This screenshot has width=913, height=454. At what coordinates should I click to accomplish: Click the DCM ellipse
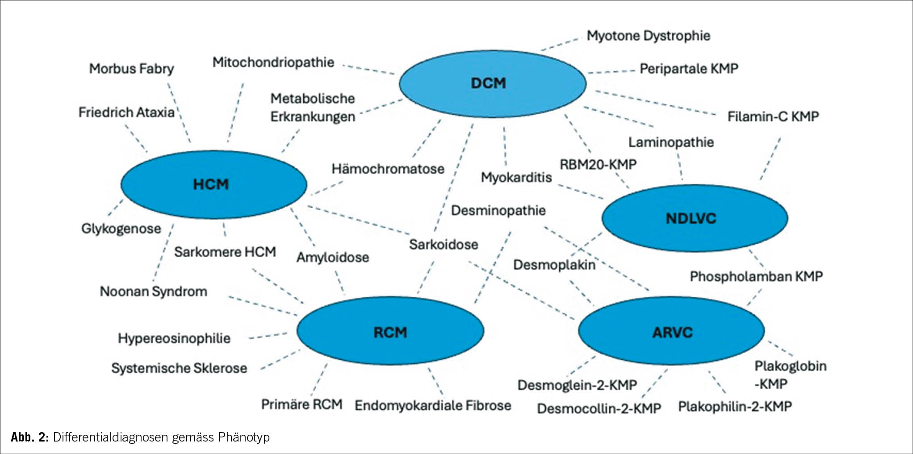pos(492,83)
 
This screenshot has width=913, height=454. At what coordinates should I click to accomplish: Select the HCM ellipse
pos(214,184)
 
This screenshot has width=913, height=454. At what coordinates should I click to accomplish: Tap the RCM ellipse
pos(390,332)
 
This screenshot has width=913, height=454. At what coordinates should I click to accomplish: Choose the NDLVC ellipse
pos(695,218)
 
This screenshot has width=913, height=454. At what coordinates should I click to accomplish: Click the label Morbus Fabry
pos(131,69)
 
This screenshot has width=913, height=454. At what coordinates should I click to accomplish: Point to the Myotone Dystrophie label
pos(648,36)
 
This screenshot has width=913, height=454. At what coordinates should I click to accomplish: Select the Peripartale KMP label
pos(689,69)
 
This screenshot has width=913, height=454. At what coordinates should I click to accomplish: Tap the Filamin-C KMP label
pos(773,117)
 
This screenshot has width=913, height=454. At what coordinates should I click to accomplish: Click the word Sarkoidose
pos(444,245)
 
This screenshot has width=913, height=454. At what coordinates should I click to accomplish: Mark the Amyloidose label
pos(333,257)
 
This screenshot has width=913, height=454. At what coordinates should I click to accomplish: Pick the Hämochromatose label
pos(388,169)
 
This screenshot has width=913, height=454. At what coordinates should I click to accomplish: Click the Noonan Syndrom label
pos(153,292)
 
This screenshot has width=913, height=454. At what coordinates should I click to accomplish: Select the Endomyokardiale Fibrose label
pos(432,405)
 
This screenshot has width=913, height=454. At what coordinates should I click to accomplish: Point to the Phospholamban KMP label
pos(756,276)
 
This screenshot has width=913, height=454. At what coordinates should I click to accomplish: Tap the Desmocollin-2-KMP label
pos(599,408)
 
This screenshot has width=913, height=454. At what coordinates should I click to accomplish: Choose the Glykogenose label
pos(121,229)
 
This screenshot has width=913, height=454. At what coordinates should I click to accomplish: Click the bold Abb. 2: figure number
pos(29,437)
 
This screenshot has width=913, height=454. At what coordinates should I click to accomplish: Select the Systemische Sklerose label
pos(179,368)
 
